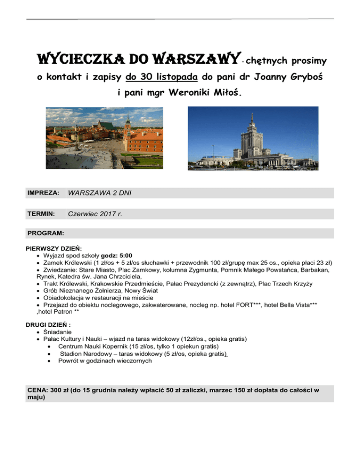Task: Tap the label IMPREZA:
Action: [x=43, y=193]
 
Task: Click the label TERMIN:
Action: [x=41, y=214]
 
